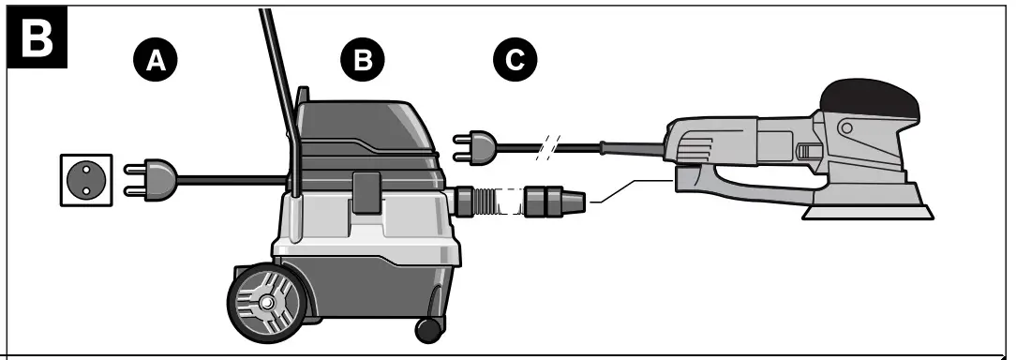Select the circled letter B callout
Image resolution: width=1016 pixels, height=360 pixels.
tap(362, 60)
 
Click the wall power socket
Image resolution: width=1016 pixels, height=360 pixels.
tap(86, 179)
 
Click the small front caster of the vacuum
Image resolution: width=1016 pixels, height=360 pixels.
tap(428, 329)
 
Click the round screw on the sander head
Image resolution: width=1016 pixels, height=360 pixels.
tap(846, 127)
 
